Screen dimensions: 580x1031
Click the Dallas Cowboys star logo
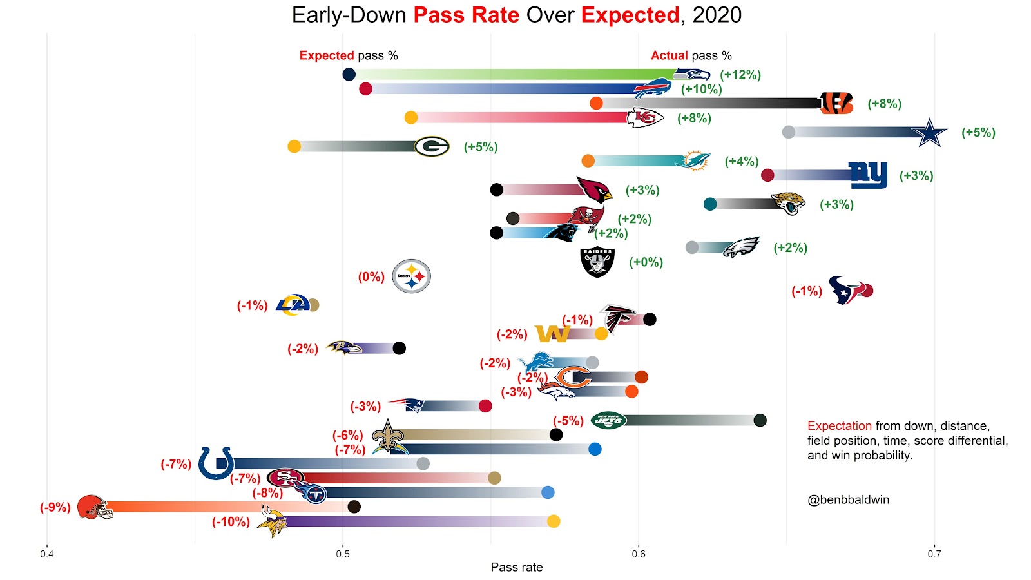[929, 133]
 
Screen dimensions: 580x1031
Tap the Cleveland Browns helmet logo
[94, 507]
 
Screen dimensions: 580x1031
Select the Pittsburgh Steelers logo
[411, 276]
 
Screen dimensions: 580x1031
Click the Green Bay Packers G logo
[431, 147]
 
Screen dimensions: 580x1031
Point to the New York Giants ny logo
[868, 175]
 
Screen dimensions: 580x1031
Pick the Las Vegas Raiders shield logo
[597, 262]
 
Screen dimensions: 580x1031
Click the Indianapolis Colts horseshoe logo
[216, 463]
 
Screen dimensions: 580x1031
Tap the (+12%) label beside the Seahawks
[740, 75]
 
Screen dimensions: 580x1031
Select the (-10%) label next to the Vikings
[231, 521]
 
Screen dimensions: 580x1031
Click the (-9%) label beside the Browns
[55, 507]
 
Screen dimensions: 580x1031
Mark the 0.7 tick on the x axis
[934, 554]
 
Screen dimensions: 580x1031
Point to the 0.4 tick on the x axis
[47, 554]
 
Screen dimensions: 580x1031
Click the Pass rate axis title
[516, 567]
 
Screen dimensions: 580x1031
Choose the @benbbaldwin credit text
[848, 499]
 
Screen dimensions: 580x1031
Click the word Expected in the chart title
[630, 15]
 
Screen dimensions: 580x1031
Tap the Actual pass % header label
[691, 55]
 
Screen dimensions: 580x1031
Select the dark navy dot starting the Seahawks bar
[349, 74]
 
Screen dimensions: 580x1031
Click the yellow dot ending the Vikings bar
[553, 521]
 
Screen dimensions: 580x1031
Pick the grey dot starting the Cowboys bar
[788, 132]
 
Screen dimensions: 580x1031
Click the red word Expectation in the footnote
[839, 426]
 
